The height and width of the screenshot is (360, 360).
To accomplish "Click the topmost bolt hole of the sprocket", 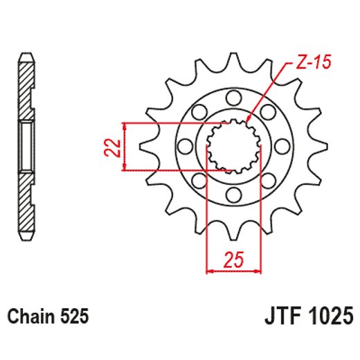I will (x=234, y=97).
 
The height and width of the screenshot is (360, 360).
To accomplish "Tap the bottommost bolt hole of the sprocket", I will (x=234, y=195).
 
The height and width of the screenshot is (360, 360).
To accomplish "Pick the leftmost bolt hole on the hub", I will (x=185, y=146).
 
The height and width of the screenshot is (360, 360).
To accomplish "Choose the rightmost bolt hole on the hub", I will (x=283, y=146).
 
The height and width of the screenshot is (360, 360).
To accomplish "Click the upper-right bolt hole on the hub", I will (x=269, y=111).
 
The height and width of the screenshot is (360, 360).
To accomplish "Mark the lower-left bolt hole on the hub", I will (x=199, y=181).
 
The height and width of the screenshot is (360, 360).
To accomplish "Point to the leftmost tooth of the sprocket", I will (x=145, y=146).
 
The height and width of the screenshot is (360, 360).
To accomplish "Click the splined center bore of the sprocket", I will (x=234, y=146).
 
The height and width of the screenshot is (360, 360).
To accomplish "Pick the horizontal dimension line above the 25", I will (x=233, y=271).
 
